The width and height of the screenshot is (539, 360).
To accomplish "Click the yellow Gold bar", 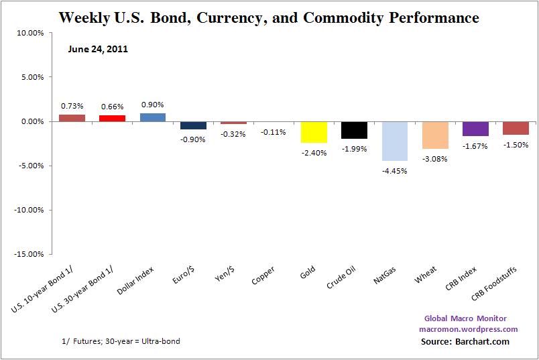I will coord(314,132).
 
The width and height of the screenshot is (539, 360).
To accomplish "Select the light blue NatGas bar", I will coord(394,141).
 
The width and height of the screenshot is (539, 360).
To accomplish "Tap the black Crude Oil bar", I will coord(354,130).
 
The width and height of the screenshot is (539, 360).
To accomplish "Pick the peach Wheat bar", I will coord(435,135).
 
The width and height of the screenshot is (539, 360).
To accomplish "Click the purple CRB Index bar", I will coord(475,129).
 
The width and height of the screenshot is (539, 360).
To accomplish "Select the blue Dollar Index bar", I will coord(153,117).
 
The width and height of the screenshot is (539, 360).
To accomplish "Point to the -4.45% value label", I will coord(394,170).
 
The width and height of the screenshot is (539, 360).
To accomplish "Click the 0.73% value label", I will coord(72,105).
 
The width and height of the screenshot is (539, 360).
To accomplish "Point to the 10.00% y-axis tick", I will coord(29,33).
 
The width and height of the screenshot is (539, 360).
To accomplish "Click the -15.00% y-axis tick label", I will coord(28,254).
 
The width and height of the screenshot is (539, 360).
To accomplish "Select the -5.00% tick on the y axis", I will coord(29,166).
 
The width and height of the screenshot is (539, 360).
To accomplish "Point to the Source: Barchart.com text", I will coord(465,341).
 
